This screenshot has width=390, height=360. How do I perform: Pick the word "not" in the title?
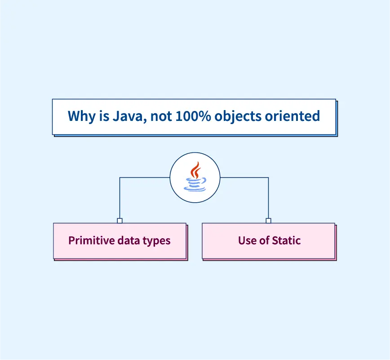click(160, 116)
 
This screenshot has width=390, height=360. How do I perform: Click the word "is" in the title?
click(101, 116)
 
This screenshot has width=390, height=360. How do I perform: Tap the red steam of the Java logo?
click(195, 170)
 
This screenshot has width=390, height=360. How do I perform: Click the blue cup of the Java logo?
click(195, 184)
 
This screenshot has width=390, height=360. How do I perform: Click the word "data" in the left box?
click(128, 240)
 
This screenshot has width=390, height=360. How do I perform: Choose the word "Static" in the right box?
click(286, 240)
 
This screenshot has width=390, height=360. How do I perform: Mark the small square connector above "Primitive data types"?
click(120, 221)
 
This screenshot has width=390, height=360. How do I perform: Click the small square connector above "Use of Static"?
click(268, 221)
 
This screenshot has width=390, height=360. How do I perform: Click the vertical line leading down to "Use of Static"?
click(268, 198)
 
